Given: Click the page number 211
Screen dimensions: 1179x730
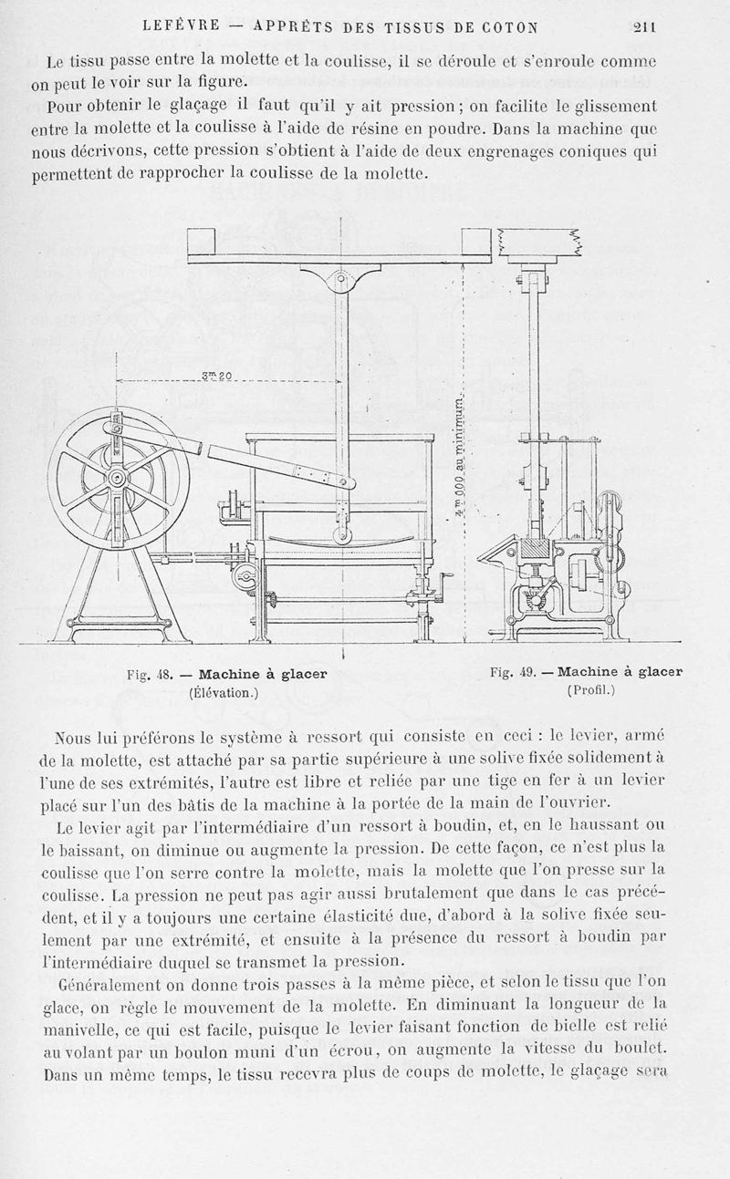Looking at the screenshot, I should pos(644,26).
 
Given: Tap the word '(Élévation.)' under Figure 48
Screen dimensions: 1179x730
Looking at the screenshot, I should pos(224,692).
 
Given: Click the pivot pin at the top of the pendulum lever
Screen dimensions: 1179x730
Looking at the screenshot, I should pos(340,278).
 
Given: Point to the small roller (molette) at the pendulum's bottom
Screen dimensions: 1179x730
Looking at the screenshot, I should pos(341,534).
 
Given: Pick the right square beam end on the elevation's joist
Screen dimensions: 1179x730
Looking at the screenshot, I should pos(476,243).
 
